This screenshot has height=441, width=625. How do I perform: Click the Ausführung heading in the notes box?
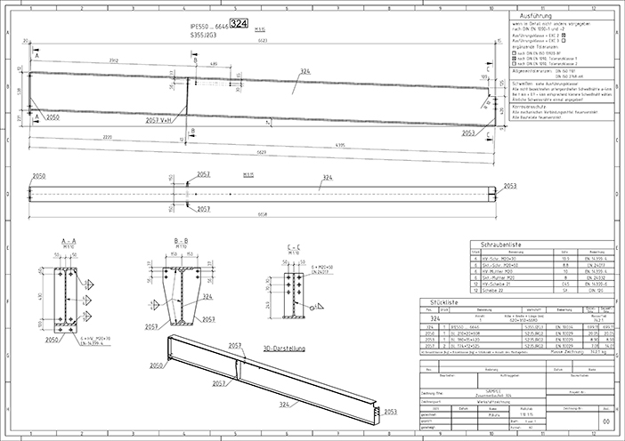pyautogui.click(x=560, y=17)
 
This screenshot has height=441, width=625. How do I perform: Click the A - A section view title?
pyautogui.click(x=66, y=242)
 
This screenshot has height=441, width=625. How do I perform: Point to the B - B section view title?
pyautogui.click(x=181, y=242)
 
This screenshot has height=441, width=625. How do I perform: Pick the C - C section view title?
pyautogui.click(x=293, y=246)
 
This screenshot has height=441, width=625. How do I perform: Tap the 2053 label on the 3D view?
pyautogui.click(x=389, y=413)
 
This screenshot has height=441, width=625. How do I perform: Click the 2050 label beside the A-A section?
pyautogui.click(x=52, y=340)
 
